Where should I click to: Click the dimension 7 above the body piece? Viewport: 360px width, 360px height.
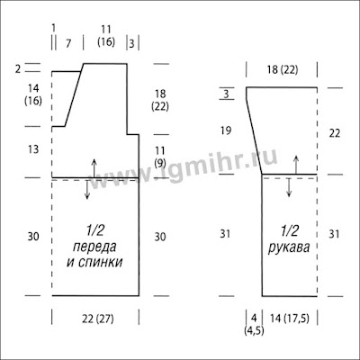(68, 44)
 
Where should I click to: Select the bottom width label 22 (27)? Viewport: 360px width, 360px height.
(98, 319)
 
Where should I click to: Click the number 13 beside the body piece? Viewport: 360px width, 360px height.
(33, 149)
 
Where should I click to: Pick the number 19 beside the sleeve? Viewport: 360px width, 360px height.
(226, 130)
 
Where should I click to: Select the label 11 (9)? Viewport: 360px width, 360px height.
(160, 157)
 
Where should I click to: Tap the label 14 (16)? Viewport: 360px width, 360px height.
(33, 94)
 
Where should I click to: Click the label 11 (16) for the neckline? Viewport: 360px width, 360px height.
(106, 36)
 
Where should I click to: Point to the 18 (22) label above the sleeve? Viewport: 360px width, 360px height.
(282, 70)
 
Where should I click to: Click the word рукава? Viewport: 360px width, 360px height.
(289, 248)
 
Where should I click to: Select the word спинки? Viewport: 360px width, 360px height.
(100, 263)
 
